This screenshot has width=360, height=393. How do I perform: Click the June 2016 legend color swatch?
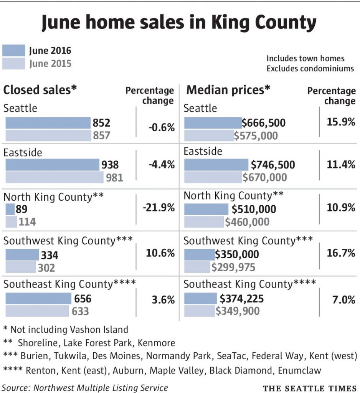14,51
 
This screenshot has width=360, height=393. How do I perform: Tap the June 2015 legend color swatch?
14,63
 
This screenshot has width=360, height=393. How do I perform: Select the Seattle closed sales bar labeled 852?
48,123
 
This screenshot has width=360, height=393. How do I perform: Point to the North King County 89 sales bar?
10,209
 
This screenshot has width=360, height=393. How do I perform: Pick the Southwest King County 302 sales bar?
20,268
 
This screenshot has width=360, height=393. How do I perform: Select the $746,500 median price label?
273,165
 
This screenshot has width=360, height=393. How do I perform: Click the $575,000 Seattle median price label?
256,135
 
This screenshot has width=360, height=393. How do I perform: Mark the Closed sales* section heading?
40,90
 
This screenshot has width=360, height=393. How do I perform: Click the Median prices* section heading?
228,90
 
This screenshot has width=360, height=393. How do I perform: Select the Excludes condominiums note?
310,69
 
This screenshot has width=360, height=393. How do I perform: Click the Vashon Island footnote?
65,329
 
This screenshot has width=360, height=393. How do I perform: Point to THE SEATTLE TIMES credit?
310,388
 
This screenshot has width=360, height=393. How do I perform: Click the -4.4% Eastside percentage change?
162,165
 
